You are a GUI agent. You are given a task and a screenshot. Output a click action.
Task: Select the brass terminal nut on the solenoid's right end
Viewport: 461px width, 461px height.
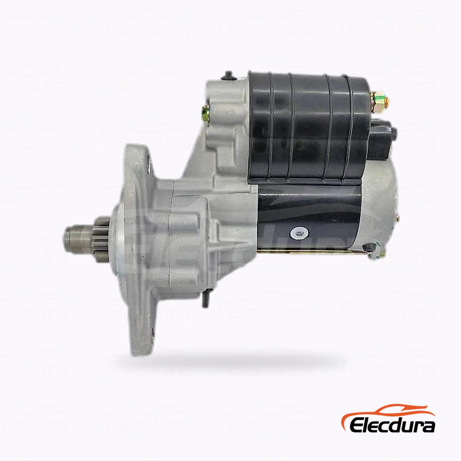click(x=380, y=101)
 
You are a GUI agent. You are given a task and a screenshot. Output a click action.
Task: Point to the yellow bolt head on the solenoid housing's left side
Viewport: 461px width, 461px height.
click(x=206, y=112)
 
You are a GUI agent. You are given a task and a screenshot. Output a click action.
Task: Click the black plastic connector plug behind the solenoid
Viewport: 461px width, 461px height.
click(x=382, y=138)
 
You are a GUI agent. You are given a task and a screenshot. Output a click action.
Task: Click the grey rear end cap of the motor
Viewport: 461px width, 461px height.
click(x=379, y=206)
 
